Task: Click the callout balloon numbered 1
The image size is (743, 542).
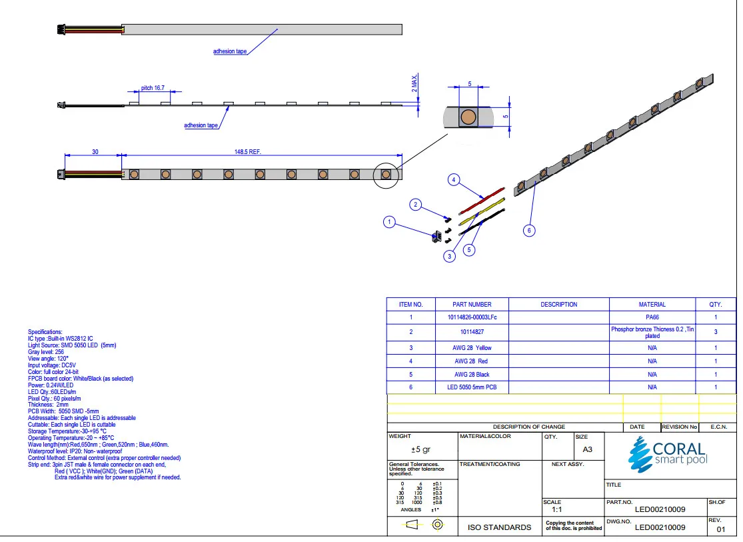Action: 390,223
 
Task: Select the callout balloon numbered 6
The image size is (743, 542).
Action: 528,231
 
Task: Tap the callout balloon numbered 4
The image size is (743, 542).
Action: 454,180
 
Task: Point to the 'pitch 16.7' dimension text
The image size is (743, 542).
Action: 153,88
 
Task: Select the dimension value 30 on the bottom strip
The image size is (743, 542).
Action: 95,152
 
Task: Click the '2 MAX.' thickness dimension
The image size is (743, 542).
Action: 414,85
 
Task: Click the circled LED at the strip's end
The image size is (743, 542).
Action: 386,175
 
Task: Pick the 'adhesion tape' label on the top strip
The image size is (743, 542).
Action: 229,51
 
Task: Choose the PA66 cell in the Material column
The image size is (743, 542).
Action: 652,318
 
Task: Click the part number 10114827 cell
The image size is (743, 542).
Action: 471,331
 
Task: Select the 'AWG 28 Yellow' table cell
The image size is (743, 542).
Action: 471,348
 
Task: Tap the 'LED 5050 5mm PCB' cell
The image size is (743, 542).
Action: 471,387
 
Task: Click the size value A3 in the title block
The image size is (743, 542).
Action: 587,449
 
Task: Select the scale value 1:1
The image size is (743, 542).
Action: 556,509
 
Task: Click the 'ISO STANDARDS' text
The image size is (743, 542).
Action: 500,527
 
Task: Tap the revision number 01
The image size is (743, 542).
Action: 720,530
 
